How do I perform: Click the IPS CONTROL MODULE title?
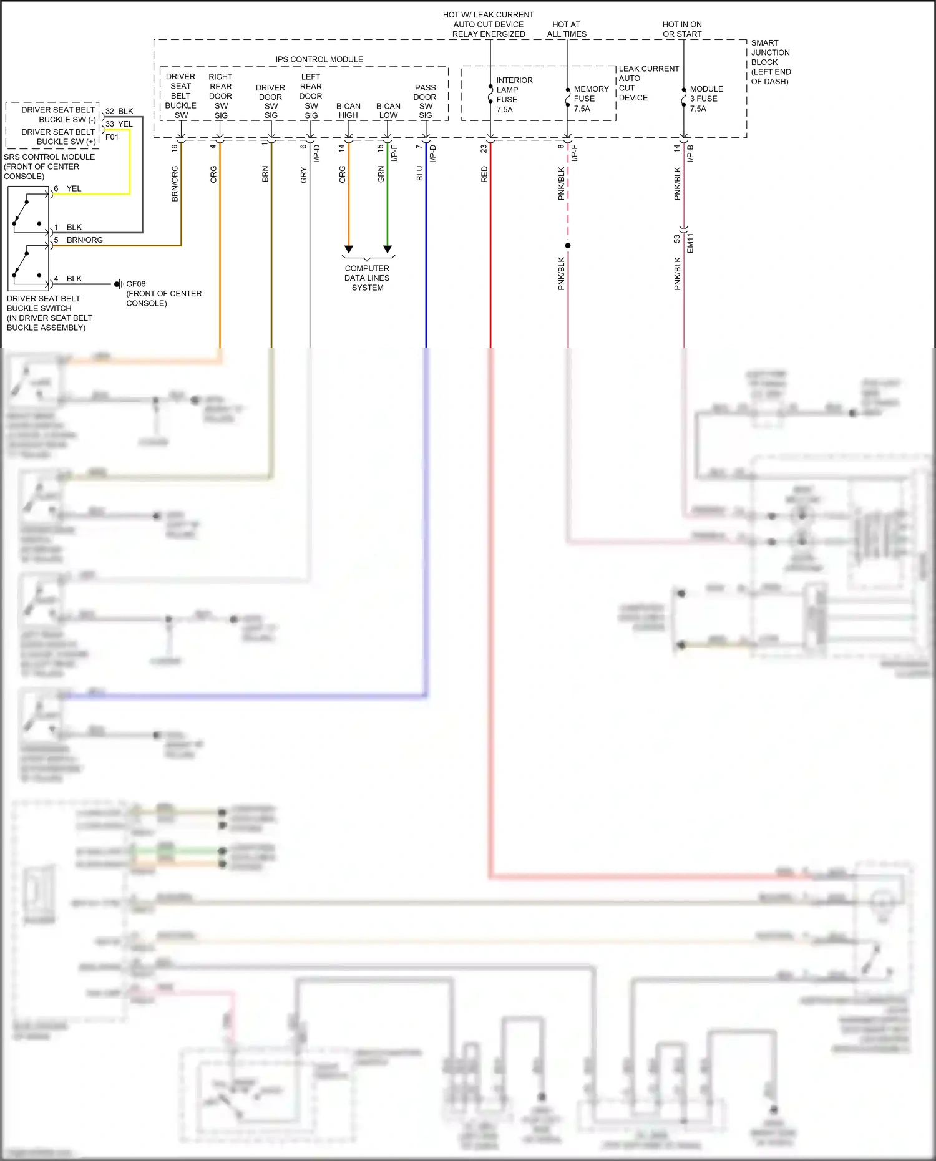pyautogui.click(x=319, y=59)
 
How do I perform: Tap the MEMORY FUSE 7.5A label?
pyautogui.click(x=590, y=99)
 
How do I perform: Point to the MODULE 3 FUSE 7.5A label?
pyautogui.click(x=706, y=99)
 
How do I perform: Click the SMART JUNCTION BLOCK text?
pyautogui.click(x=770, y=62)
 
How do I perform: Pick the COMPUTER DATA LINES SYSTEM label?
pyautogui.click(x=367, y=278)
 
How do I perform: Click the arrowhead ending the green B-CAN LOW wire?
pyautogui.click(x=388, y=250)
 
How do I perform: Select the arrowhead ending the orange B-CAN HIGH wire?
pyautogui.click(x=349, y=250)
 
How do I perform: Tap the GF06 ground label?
pyautogui.click(x=136, y=284)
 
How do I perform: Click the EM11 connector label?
pyautogui.click(x=690, y=243)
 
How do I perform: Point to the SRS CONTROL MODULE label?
pyautogui.click(x=49, y=167)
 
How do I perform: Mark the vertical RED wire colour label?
pyautogui.click(x=484, y=174)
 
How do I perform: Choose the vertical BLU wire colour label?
pyautogui.click(x=420, y=173)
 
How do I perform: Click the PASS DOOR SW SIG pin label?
pyautogui.click(x=425, y=102)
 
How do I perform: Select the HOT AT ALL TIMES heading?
pyautogui.click(x=567, y=29)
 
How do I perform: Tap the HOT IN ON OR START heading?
pyautogui.click(x=682, y=29)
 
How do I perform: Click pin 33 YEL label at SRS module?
pyautogui.click(x=119, y=124)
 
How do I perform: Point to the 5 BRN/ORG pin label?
pyautogui.click(x=79, y=240)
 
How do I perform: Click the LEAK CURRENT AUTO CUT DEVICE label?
pyautogui.click(x=648, y=83)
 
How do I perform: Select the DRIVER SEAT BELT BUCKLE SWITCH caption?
pyautogui.click(x=49, y=313)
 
